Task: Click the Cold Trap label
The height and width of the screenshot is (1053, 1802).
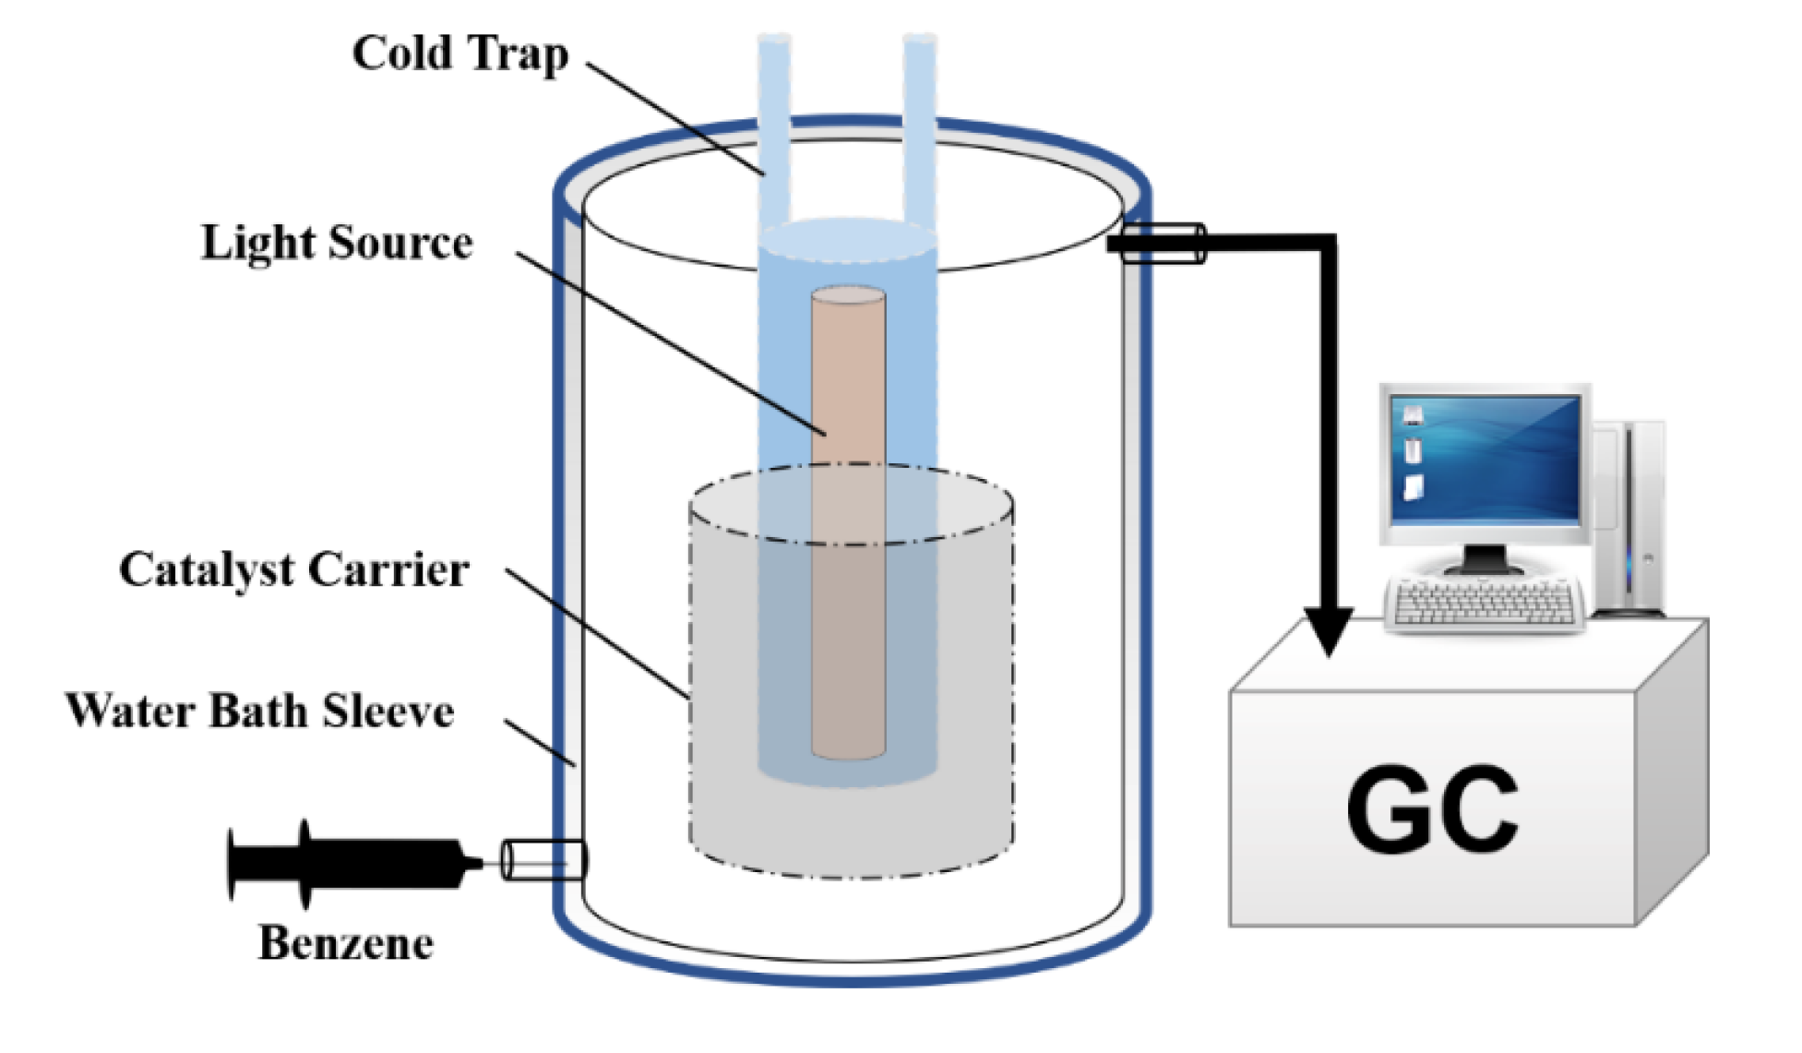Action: pyautogui.click(x=459, y=54)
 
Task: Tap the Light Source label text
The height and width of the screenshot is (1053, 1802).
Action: pyautogui.click(x=337, y=244)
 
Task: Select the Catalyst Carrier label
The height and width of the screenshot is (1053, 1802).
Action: pyautogui.click(x=293, y=569)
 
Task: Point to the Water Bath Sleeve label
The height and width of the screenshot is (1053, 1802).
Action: pyautogui.click(x=259, y=711)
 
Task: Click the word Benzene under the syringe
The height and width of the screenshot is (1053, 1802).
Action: pyautogui.click(x=346, y=943)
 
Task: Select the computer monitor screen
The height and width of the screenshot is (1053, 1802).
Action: pyautogui.click(x=1486, y=458)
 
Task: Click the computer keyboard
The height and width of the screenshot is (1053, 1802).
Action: pyautogui.click(x=1485, y=604)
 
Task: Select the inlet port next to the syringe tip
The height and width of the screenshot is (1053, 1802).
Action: pyautogui.click(x=543, y=860)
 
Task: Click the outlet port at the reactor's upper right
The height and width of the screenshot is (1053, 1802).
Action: pyautogui.click(x=1163, y=244)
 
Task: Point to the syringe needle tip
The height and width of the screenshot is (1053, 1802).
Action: pyautogui.click(x=479, y=863)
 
